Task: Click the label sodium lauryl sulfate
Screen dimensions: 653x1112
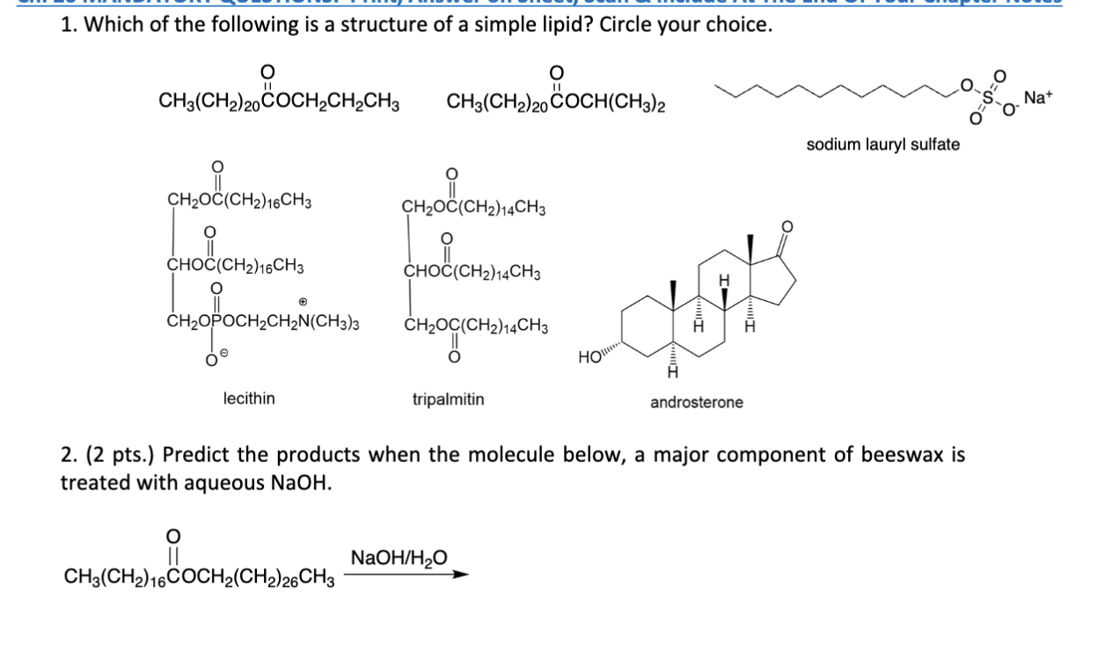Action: [x=882, y=144]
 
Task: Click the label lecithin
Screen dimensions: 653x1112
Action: [x=248, y=399]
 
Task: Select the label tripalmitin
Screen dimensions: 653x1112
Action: [x=448, y=400]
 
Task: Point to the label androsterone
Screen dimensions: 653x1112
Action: [x=696, y=402]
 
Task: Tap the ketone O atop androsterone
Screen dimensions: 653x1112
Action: [x=788, y=226]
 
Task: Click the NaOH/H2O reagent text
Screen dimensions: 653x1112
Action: [x=399, y=557]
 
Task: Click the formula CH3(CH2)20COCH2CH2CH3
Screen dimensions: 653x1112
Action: [x=280, y=102]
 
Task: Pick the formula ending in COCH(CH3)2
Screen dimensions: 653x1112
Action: [x=556, y=102]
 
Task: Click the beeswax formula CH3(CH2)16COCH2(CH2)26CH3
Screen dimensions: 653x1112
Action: [x=199, y=577]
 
